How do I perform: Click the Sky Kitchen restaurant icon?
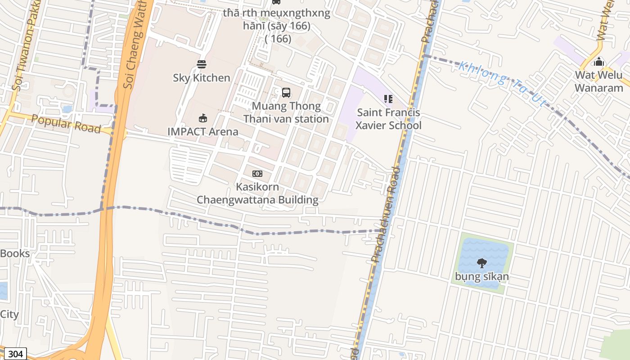(202, 64)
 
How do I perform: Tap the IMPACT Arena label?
(203, 132)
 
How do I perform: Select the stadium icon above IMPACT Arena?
(203, 118)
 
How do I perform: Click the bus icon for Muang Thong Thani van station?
(286, 93)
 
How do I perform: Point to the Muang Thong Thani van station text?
(286, 112)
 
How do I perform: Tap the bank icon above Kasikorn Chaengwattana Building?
(257, 174)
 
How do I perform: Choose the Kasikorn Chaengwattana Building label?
(257, 193)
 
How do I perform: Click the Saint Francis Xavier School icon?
(388, 99)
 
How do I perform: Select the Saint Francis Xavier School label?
(388, 119)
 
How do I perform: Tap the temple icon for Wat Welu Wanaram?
(599, 61)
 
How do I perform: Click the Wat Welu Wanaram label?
(599, 81)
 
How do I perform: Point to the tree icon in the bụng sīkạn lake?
(482, 263)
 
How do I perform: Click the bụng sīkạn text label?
(482, 276)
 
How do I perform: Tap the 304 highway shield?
(15, 354)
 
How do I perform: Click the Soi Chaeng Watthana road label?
(135, 45)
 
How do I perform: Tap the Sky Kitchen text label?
(202, 78)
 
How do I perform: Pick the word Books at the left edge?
(15, 253)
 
